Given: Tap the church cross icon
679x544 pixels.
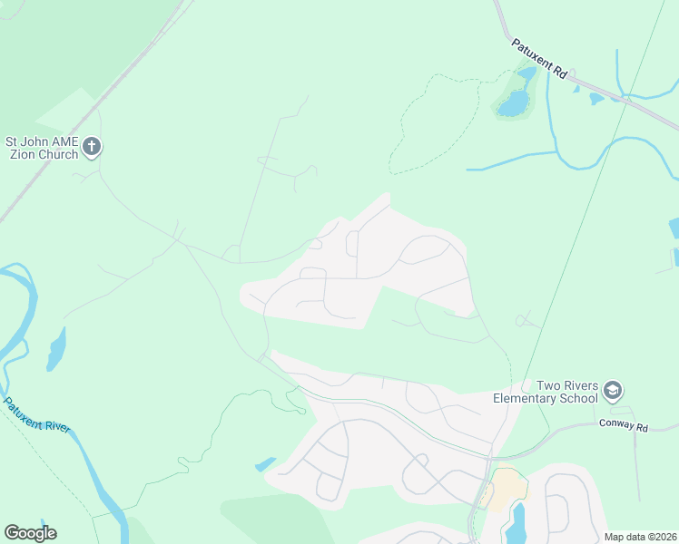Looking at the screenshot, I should pos(92,146).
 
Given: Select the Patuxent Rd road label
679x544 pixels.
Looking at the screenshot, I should pos(538,60).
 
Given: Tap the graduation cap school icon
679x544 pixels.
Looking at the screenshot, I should pos(613,391).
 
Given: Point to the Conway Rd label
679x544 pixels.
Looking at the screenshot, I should pos(622,426).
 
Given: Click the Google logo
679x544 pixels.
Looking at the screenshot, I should pos(30,532).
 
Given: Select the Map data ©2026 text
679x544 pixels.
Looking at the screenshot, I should pos(640,537).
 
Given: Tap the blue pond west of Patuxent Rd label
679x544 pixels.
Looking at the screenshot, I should pos(513,103).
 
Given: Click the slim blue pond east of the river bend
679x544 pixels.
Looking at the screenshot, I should pos(56,349).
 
